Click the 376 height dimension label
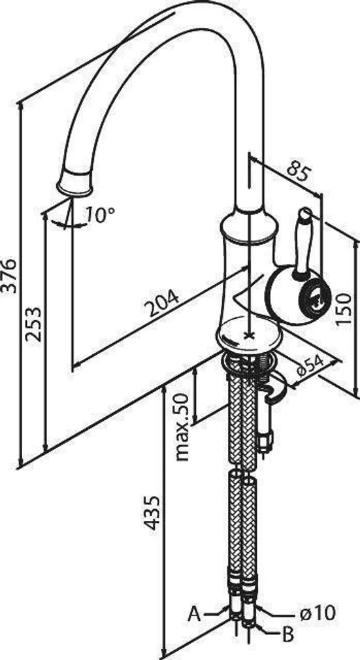9,276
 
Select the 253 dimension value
33,324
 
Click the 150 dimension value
344,308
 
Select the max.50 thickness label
182,427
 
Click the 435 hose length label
152,512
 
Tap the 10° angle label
99,215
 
